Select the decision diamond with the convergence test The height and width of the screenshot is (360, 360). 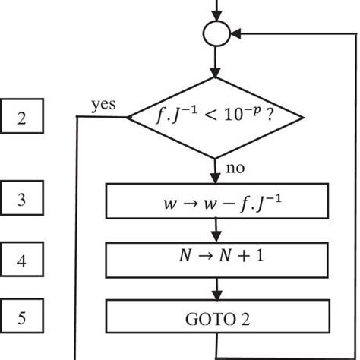(x=217, y=118)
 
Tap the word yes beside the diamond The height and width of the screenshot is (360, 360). (x=103, y=105)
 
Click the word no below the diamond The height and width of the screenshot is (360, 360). (x=235, y=168)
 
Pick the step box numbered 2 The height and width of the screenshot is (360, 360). (x=22, y=118)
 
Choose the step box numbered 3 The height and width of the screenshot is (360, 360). (x=22, y=201)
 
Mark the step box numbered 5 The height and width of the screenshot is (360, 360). (x=22, y=317)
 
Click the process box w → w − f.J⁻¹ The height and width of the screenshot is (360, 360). (x=217, y=201)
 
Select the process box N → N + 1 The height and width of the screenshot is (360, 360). (x=217, y=260)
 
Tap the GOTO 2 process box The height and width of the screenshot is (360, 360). (x=217, y=317)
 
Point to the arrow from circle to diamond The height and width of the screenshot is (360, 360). (x=217, y=62)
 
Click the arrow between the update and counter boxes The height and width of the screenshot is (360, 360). (x=217, y=230)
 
